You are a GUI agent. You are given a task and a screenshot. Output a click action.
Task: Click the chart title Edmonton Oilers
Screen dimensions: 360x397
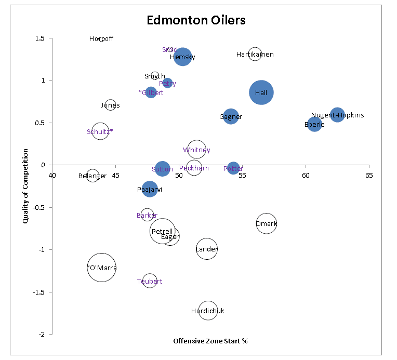click(196, 20)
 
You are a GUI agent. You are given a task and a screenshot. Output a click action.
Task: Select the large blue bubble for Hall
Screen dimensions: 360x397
click(261, 92)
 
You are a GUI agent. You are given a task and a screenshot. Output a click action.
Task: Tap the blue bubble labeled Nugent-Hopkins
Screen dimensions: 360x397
click(337, 115)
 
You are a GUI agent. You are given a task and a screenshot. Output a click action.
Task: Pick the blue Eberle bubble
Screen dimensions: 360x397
click(314, 124)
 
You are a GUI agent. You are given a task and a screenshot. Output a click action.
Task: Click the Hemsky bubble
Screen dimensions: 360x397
click(183, 57)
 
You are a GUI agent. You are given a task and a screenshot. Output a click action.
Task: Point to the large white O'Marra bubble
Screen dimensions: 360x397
click(101, 268)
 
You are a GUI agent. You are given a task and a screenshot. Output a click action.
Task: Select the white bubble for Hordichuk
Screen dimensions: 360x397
click(208, 311)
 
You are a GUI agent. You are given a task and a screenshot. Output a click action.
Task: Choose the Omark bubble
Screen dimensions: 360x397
click(266, 224)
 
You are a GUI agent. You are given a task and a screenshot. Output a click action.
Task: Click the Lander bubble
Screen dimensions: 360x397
click(206, 249)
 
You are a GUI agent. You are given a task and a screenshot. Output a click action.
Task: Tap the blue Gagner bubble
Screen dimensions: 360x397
click(231, 117)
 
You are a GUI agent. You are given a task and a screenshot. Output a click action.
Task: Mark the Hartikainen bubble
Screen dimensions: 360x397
click(255, 54)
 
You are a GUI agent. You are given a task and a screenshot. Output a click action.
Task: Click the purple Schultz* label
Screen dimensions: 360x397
click(100, 131)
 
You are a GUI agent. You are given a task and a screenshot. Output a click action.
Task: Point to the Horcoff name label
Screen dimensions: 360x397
click(101, 39)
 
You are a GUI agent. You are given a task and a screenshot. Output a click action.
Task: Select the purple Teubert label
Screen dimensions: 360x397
click(150, 281)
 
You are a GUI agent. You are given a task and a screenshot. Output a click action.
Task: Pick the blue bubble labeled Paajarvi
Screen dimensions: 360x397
click(150, 190)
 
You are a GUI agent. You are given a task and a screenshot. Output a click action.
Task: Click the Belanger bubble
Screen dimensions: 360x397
click(92, 176)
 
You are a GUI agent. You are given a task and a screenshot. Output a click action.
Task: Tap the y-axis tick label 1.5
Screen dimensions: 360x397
click(39, 38)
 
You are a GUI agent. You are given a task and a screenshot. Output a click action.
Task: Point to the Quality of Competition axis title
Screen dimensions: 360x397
click(25, 186)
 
